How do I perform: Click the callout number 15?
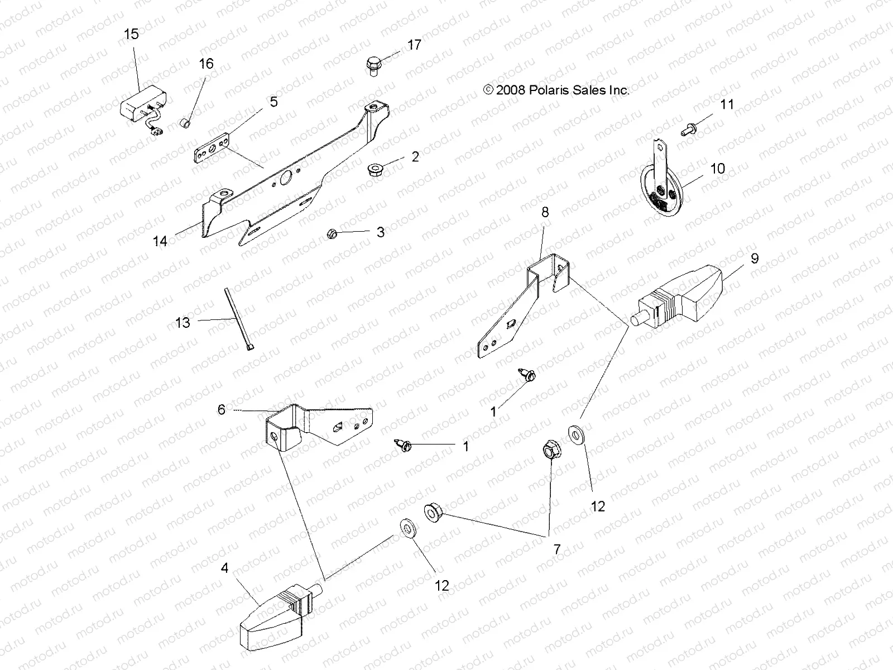pos(131,35)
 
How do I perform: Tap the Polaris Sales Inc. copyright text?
pos(556,90)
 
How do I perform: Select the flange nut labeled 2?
pos(375,167)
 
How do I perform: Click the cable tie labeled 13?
pos(238,320)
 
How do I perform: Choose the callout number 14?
pos(160,241)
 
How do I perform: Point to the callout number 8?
pos(545,212)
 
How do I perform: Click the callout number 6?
pos(222,410)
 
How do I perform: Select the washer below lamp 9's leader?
pos(575,434)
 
